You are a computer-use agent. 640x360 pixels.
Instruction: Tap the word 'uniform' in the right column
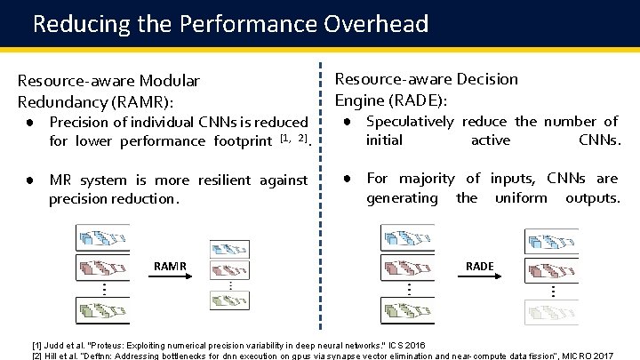[521, 197]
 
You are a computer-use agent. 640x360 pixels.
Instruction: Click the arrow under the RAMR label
[171, 276]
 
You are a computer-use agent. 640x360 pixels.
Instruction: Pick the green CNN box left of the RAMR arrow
[102, 308]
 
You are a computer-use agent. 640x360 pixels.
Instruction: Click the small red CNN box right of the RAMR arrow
[229, 270]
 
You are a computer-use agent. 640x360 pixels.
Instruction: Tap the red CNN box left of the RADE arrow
[408, 268]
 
